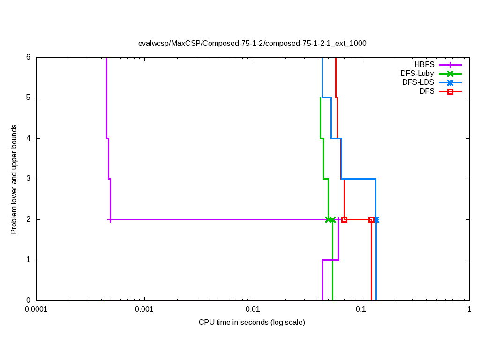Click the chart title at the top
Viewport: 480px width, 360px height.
(x=252, y=43)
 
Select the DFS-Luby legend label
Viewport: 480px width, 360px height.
(x=417, y=74)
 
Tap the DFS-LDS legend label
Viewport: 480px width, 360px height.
(x=418, y=82)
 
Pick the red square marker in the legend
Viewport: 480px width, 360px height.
(x=450, y=91)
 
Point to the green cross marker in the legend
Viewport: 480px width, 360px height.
(x=450, y=74)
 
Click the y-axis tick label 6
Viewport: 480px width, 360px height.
(x=28, y=57)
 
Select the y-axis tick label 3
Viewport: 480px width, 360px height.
(x=28, y=179)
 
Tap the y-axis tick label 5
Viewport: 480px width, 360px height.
(x=28, y=97)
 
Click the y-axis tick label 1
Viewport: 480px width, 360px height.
(x=28, y=260)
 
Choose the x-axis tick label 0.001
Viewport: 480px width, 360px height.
(x=144, y=309)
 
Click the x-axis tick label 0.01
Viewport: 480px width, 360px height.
(x=253, y=309)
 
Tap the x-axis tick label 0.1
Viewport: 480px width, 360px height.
(x=360, y=309)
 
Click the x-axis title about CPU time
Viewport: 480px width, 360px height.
(x=252, y=322)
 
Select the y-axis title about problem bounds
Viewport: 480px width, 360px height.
(x=14, y=179)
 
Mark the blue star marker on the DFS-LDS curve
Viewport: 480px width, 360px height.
(x=376, y=219)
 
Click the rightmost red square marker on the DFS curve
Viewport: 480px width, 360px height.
(x=371, y=219)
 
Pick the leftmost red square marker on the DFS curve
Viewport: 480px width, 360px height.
(x=344, y=219)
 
